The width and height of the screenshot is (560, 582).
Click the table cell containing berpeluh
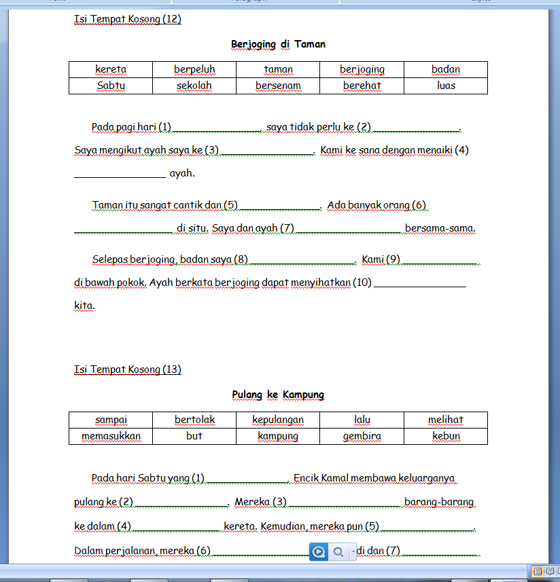194,69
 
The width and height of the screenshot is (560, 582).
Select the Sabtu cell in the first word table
111,86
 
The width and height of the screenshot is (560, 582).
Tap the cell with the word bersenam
278,86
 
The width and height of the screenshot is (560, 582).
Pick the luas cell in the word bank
446,86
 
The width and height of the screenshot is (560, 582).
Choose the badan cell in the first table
446,69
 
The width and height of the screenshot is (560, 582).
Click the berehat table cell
362,86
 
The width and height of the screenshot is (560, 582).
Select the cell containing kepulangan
278,420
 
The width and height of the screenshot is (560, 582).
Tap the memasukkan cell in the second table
111,436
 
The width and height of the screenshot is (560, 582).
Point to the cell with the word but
194,436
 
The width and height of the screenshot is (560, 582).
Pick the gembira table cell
362,436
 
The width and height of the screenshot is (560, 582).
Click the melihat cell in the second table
446,420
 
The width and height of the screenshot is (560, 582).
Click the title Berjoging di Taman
278,44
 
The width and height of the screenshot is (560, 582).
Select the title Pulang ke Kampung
278,395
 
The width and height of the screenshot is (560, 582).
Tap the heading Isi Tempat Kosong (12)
128,19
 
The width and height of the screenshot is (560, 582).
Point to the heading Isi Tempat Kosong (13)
128,369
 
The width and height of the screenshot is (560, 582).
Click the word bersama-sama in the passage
440,228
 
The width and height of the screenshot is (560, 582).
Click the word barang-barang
438,502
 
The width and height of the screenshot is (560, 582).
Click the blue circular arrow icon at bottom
318,552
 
